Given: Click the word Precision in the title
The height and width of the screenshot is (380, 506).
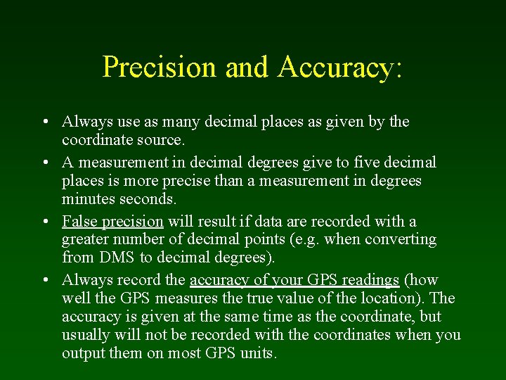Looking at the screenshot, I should [x=160, y=67].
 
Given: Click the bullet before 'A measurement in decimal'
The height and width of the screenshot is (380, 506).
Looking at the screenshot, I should [x=44, y=163].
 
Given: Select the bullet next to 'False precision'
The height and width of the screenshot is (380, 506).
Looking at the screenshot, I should [x=44, y=222].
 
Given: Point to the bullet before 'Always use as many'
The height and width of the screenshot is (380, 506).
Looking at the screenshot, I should [x=44, y=122].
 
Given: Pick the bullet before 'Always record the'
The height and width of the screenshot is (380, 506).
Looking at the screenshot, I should [x=44, y=280].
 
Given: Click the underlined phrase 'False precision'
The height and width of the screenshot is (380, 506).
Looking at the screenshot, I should [x=112, y=222].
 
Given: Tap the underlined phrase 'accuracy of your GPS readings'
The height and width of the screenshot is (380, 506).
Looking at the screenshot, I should [x=294, y=280].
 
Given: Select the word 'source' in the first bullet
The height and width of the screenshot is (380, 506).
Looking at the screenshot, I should [x=158, y=140].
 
